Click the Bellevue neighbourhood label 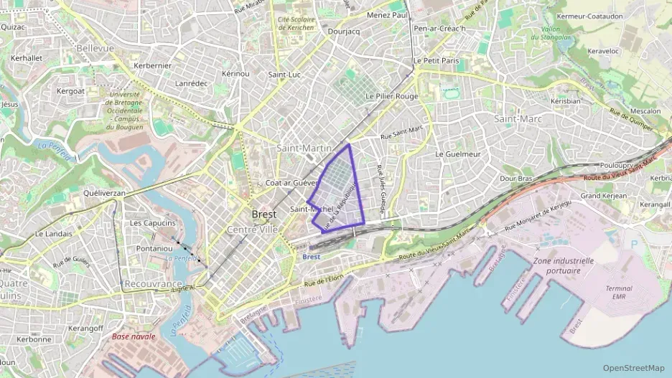pyautogui.click(x=95, y=48)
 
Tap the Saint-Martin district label pyautogui.click(x=304, y=148)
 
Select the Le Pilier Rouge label pyautogui.click(x=391, y=95)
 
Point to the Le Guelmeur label pyautogui.click(x=457, y=153)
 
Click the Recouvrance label pyautogui.click(x=153, y=284)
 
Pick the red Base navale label pyautogui.click(x=133, y=336)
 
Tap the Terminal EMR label pyautogui.click(x=619, y=292)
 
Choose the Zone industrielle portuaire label pyautogui.click(x=563, y=265)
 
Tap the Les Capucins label pyautogui.click(x=153, y=223)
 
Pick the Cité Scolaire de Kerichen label pyautogui.click(x=296, y=24)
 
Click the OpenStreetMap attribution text pyautogui.click(x=633, y=368)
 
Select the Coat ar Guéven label pyautogui.click(x=291, y=183)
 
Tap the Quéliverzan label pyautogui.click(x=105, y=193)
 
